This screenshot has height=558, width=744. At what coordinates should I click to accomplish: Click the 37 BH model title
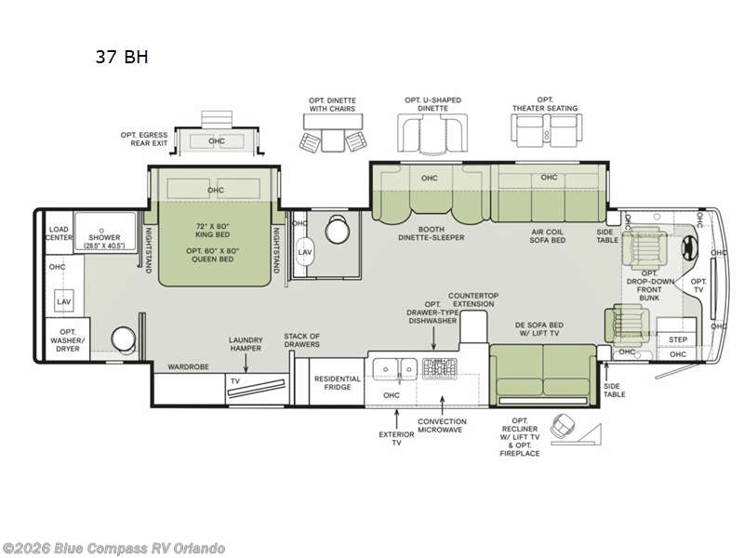tap(122, 57)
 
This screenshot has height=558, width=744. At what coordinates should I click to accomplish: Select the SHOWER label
tap(104, 237)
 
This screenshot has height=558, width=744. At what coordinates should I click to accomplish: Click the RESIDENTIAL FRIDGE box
tap(337, 382)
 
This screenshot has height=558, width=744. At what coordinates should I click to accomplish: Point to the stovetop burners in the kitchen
tap(440, 368)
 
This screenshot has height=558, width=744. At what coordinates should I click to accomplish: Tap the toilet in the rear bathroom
tap(124, 339)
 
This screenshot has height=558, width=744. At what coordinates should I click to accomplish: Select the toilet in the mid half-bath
tap(338, 230)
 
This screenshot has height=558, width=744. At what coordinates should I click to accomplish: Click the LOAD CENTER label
tap(59, 233)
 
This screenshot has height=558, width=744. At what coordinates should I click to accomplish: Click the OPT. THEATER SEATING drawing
tap(546, 130)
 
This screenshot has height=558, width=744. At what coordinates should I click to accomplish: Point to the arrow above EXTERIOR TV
tap(396, 418)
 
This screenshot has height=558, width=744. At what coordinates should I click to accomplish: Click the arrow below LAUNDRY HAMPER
tap(246, 363)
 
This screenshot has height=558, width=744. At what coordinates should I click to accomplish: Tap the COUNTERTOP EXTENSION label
tap(473, 299)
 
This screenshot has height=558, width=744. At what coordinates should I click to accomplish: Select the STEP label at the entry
tap(678, 339)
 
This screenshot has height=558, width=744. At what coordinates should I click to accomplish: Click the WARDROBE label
tap(188, 366)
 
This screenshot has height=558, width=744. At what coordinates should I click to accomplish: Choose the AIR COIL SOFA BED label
tap(547, 236)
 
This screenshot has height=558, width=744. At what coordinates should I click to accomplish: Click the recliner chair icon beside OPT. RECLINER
tap(564, 426)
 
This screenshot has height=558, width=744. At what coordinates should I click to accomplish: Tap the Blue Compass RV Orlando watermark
tap(113, 549)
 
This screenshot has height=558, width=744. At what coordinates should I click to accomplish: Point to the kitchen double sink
tap(394, 368)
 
